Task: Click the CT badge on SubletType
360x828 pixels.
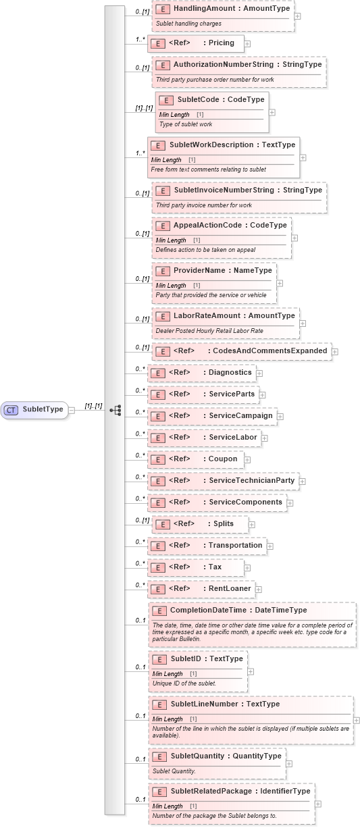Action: coord(11,409)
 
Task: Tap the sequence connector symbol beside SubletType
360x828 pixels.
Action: coord(115,409)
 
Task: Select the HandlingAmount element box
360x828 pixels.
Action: coord(222,14)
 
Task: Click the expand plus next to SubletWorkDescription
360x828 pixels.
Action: coord(303,157)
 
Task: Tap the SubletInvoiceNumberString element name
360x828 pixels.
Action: coord(238,190)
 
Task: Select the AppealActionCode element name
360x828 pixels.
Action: coord(220,225)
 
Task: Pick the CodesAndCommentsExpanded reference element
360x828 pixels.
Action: coord(241,351)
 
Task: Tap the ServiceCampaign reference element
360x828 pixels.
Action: coord(211,416)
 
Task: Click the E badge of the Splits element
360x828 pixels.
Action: coord(161,524)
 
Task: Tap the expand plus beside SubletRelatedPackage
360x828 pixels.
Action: coord(318,804)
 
